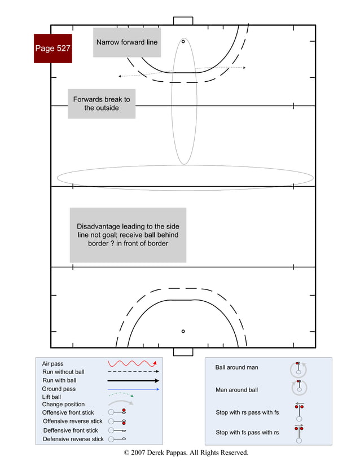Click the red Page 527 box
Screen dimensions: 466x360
(52, 48)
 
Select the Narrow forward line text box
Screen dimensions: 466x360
(127, 42)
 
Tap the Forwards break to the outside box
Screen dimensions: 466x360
(102, 103)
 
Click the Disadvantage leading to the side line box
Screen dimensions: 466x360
(128, 235)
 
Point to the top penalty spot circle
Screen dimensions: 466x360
(183, 41)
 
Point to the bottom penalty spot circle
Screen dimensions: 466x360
(183, 331)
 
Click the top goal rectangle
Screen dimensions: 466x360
(183, 21)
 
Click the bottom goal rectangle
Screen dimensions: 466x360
(183, 352)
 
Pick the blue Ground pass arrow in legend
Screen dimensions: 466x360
(133, 389)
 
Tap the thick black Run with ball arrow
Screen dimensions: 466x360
(133, 381)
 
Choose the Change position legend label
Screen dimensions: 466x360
(63, 405)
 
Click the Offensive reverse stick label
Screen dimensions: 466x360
(73, 421)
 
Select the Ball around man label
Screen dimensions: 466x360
(236, 367)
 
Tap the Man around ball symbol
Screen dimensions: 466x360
(298, 388)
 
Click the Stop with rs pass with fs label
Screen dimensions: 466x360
(247, 412)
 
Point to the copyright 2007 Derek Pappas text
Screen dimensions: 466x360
(186, 452)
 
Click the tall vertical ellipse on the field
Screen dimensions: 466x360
(184, 102)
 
